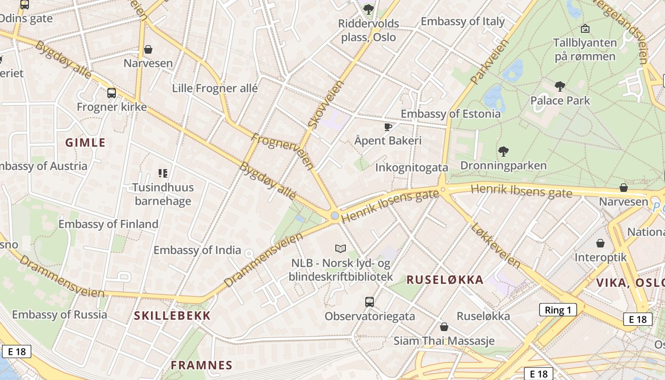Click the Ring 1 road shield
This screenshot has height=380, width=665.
(558, 310)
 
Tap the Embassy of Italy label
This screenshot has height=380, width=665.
(462, 21)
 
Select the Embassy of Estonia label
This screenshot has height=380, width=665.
(450, 114)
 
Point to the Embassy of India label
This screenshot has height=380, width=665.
(197, 250)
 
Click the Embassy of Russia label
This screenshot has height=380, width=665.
(59, 314)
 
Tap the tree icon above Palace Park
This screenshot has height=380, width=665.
(560, 86)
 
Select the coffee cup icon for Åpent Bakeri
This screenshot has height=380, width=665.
(388, 127)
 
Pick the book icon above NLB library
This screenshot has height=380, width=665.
(340, 248)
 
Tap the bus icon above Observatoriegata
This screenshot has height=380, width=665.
(369, 302)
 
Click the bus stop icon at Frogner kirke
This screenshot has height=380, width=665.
(112, 93)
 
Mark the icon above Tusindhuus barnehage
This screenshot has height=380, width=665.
(163, 173)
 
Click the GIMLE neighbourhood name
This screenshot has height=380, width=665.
(85, 142)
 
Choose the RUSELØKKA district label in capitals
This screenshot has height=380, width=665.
(445, 280)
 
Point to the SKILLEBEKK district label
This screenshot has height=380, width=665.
(172, 316)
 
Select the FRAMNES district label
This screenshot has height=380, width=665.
(201, 365)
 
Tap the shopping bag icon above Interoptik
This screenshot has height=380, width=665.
(600, 243)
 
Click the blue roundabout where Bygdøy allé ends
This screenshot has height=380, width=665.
(335, 216)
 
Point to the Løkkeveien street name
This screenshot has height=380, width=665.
(496, 244)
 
